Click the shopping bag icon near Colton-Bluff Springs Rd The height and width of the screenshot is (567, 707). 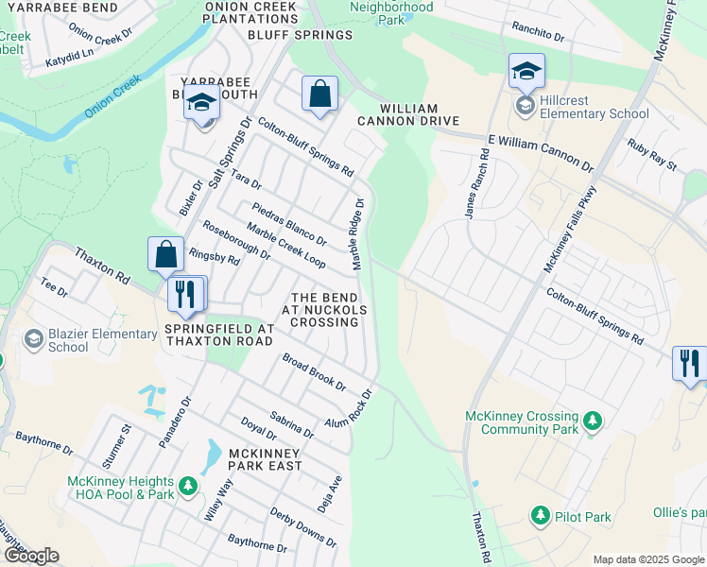(x=320, y=94)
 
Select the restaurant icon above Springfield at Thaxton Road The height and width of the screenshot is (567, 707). (x=186, y=293)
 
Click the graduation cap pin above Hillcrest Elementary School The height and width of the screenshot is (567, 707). (x=526, y=71)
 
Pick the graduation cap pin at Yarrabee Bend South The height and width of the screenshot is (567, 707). (x=202, y=103)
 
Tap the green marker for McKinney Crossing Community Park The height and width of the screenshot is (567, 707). (x=593, y=421)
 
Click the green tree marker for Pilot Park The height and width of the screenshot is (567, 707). (x=540, y=516)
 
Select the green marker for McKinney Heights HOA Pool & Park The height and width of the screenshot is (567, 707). (x=188, y=487)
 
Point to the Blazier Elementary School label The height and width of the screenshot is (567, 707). (x=90, y=340)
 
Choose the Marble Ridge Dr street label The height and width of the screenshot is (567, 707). (x=358, y=234)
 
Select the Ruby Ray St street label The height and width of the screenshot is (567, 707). (x=653, y=155)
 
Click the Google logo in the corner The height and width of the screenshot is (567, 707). (x=31, y=556)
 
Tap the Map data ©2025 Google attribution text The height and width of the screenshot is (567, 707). (x=647, y=559)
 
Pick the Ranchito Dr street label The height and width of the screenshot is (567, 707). (x=538, y=32)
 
